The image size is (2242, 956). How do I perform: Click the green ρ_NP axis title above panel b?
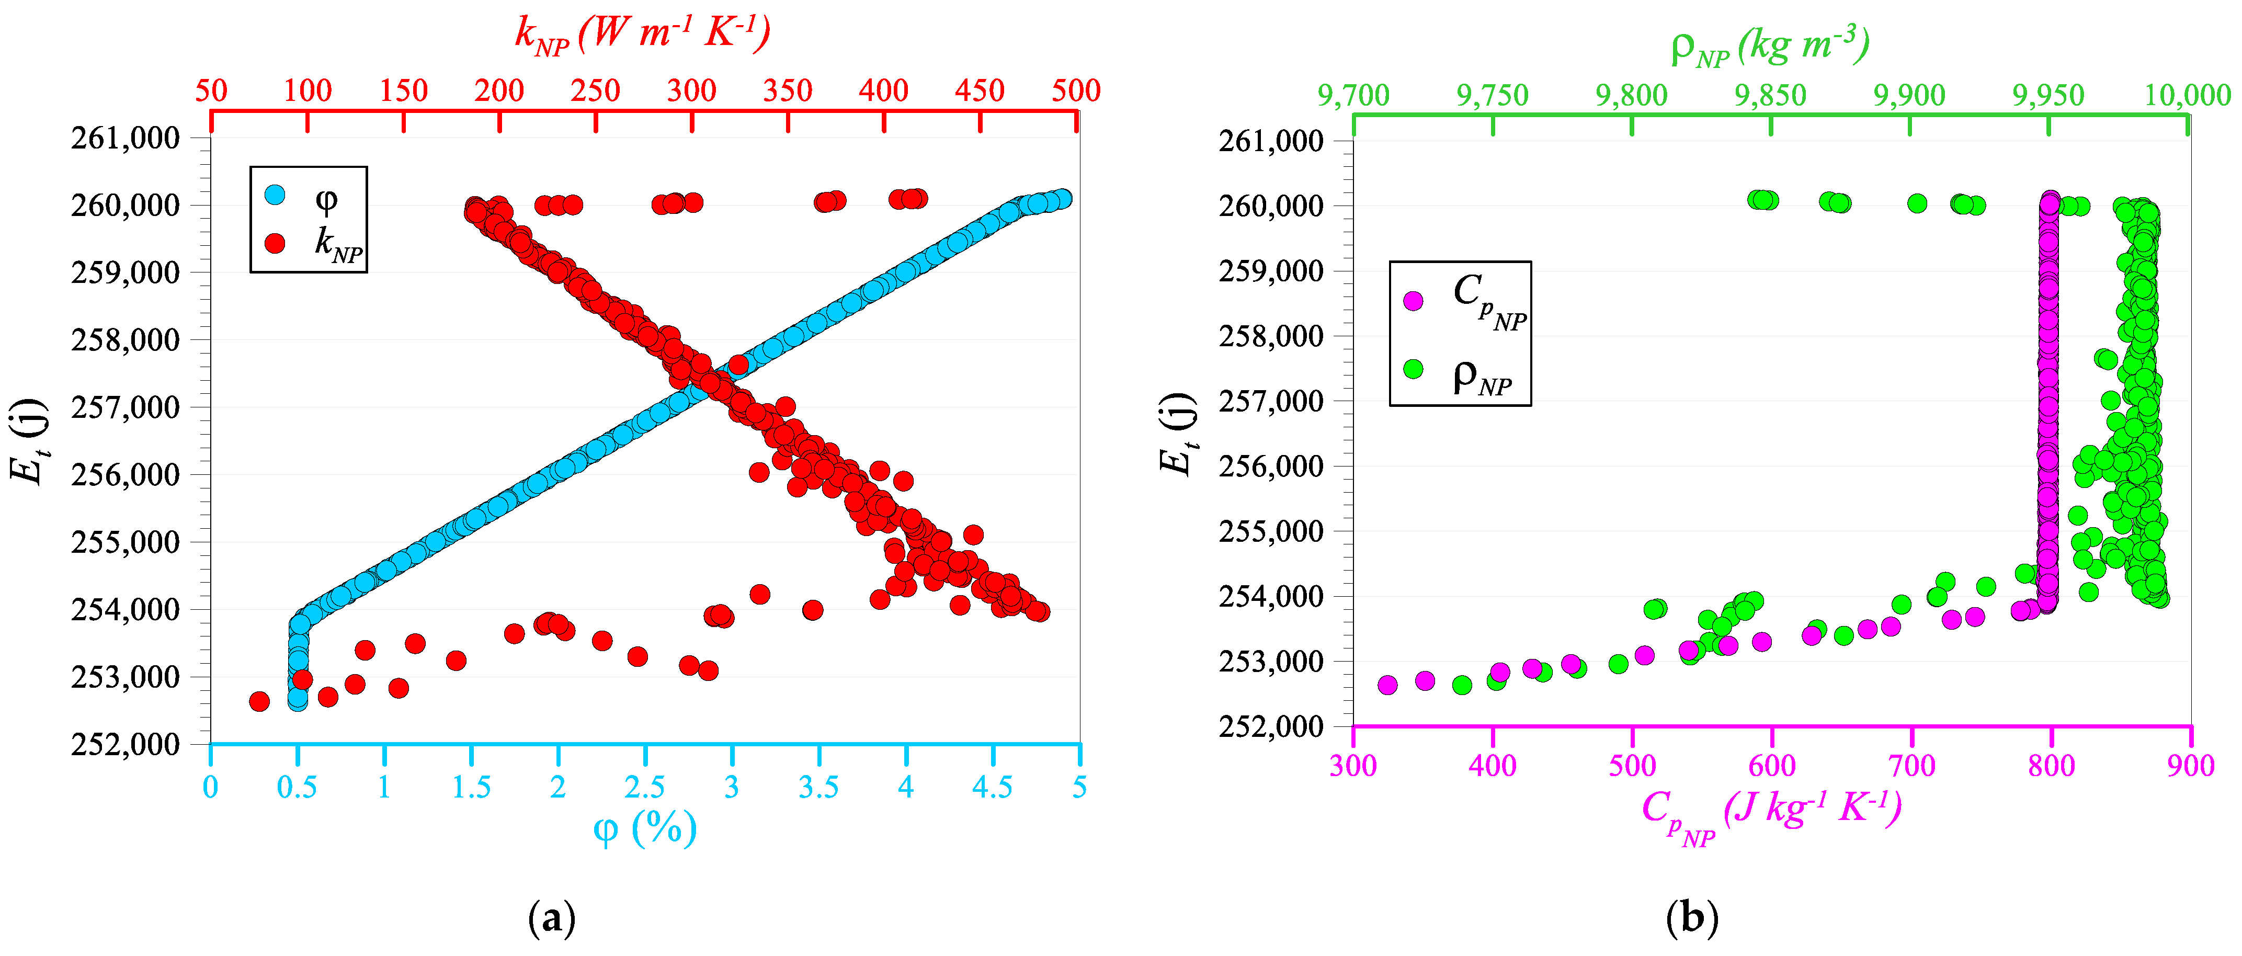click(x=1769, y=45)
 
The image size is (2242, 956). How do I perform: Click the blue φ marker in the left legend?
click(x=275, y=194)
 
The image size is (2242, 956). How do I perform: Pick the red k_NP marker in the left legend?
click(x=275, y=243)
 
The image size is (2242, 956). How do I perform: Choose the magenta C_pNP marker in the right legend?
click(x=1414, y=300)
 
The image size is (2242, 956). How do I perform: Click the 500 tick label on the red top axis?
click(x=1076, y=90)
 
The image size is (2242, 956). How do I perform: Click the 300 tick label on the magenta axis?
click(x=1353, y=766)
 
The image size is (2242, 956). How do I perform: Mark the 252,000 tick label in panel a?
click(x=126, y=744)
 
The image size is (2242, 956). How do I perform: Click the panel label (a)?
click(x=552, y=918)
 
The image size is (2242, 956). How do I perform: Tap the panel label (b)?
click(x=1691, y=918)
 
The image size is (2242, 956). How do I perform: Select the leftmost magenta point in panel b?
click(x=1387, y=685)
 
